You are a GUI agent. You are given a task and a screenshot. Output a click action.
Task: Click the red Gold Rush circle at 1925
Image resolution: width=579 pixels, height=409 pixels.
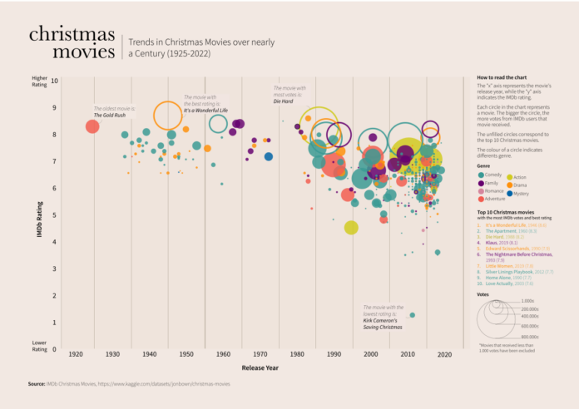point(92,126)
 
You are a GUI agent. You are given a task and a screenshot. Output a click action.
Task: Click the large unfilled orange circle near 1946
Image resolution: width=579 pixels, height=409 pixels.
point(168,114)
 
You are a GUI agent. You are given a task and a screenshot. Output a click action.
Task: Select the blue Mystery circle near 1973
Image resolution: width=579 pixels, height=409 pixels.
point(269,156)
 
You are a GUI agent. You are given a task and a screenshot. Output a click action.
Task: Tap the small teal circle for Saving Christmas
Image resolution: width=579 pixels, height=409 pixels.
point(412,315)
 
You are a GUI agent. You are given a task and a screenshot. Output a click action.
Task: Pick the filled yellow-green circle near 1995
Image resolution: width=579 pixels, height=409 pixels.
point(351,228)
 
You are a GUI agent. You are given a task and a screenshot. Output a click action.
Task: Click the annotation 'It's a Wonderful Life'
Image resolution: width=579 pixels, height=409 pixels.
point(205,111)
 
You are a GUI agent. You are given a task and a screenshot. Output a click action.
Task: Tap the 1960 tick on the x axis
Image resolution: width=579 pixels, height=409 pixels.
point(223,355)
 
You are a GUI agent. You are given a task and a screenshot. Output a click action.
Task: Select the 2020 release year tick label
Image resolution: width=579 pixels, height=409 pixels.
point(444,355)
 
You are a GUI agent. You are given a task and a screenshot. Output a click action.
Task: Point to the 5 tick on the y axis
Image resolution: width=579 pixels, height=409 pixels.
point(55,214)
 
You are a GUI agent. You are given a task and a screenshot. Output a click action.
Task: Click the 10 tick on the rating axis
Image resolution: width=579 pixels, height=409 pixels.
point(54,81)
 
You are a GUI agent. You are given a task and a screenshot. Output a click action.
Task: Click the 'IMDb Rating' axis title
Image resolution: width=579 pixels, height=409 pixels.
point(39,214)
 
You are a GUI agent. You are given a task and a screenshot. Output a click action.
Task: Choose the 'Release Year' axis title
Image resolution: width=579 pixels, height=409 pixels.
point(260,367)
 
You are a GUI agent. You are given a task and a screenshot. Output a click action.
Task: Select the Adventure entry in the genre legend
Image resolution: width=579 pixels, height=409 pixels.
point(493,199)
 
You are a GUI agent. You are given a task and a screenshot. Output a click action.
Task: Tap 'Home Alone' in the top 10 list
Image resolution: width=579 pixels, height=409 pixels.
point(497,278)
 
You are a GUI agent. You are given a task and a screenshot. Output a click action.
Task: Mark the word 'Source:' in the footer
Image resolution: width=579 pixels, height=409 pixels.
point(36,384)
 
